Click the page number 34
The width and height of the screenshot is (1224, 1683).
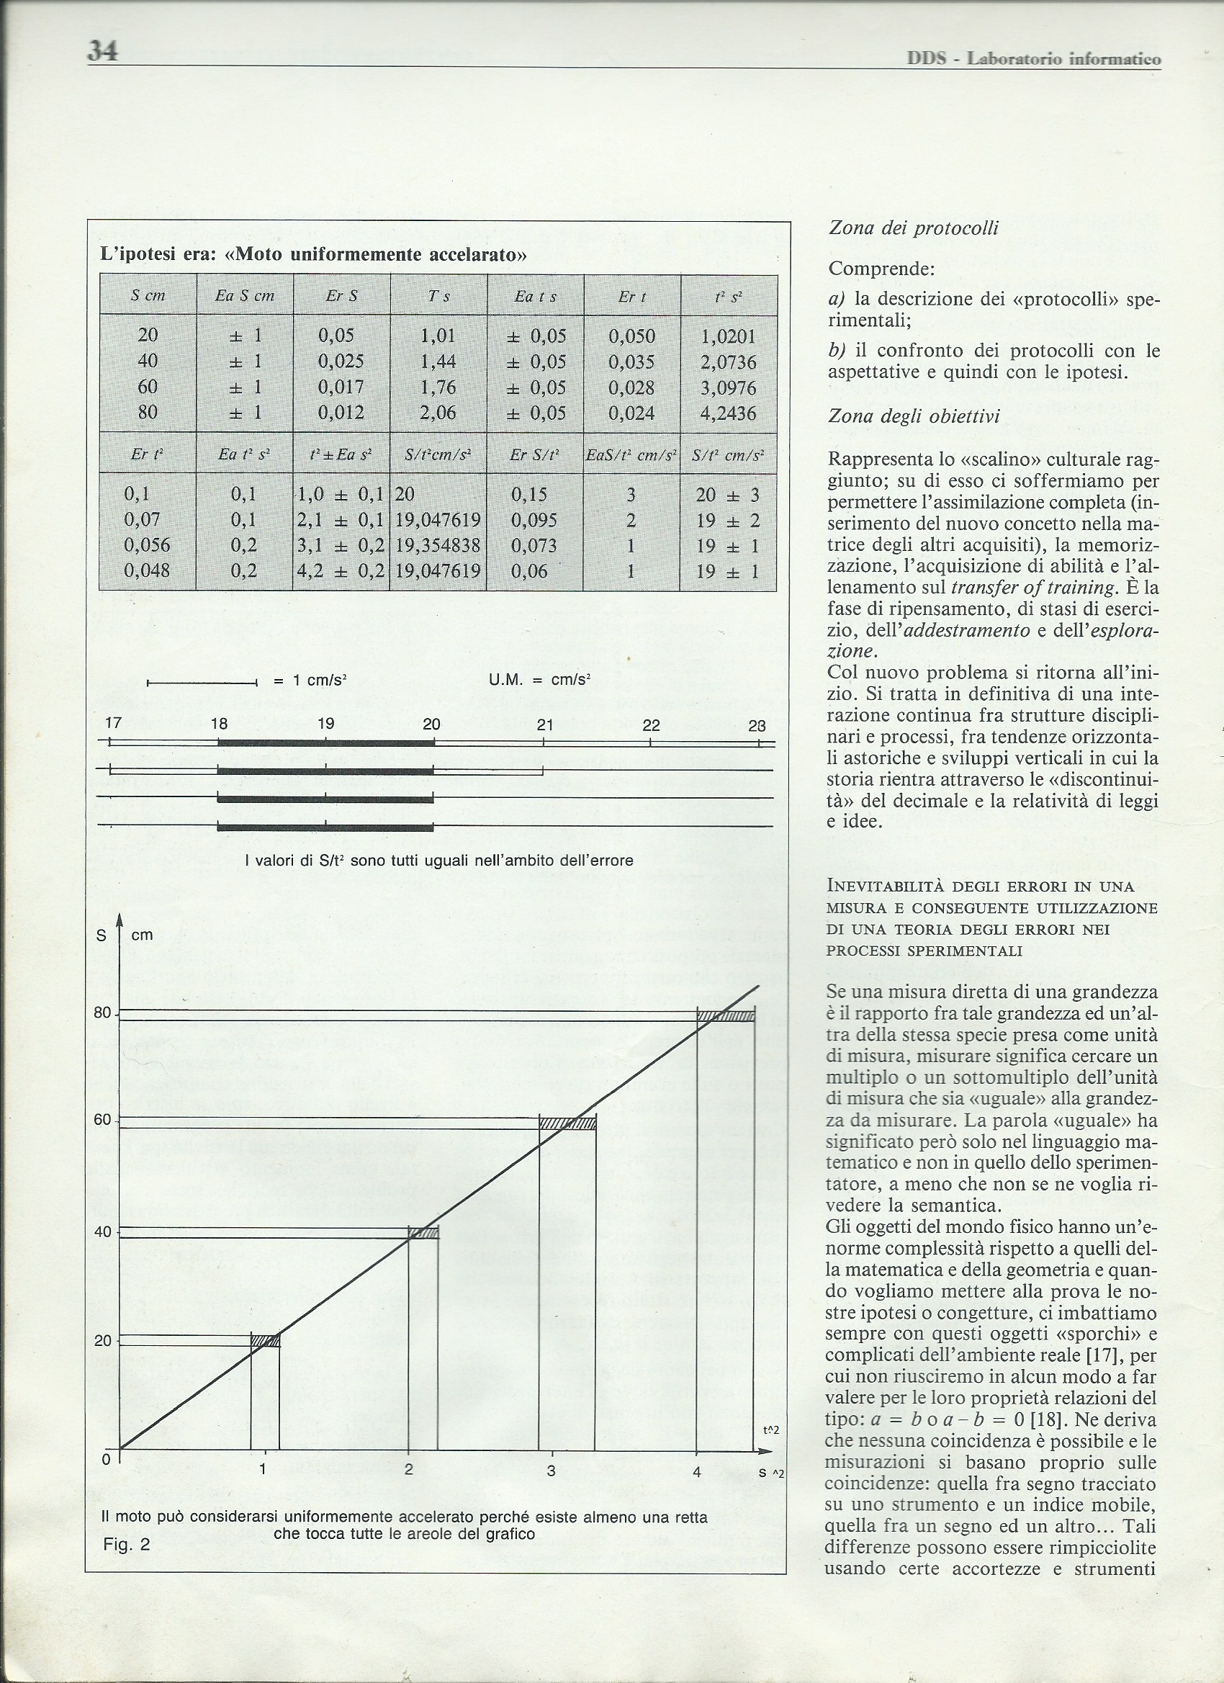[102, 51]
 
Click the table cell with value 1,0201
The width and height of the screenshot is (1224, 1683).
[728, 337]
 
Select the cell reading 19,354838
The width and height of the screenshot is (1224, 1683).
[438, 546]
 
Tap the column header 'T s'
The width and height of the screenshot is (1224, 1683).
[438, 296]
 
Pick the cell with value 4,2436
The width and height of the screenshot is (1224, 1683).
[728, 413]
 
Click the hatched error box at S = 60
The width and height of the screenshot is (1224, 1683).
[567, 1123]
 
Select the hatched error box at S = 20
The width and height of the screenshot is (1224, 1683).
[266, 1341]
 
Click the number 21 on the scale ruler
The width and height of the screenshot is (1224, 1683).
[544, 724]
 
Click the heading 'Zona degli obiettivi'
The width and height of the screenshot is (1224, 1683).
[914, 416]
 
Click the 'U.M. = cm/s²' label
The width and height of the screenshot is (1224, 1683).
[539, 680]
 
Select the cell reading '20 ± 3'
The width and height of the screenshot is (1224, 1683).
[727, 495]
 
